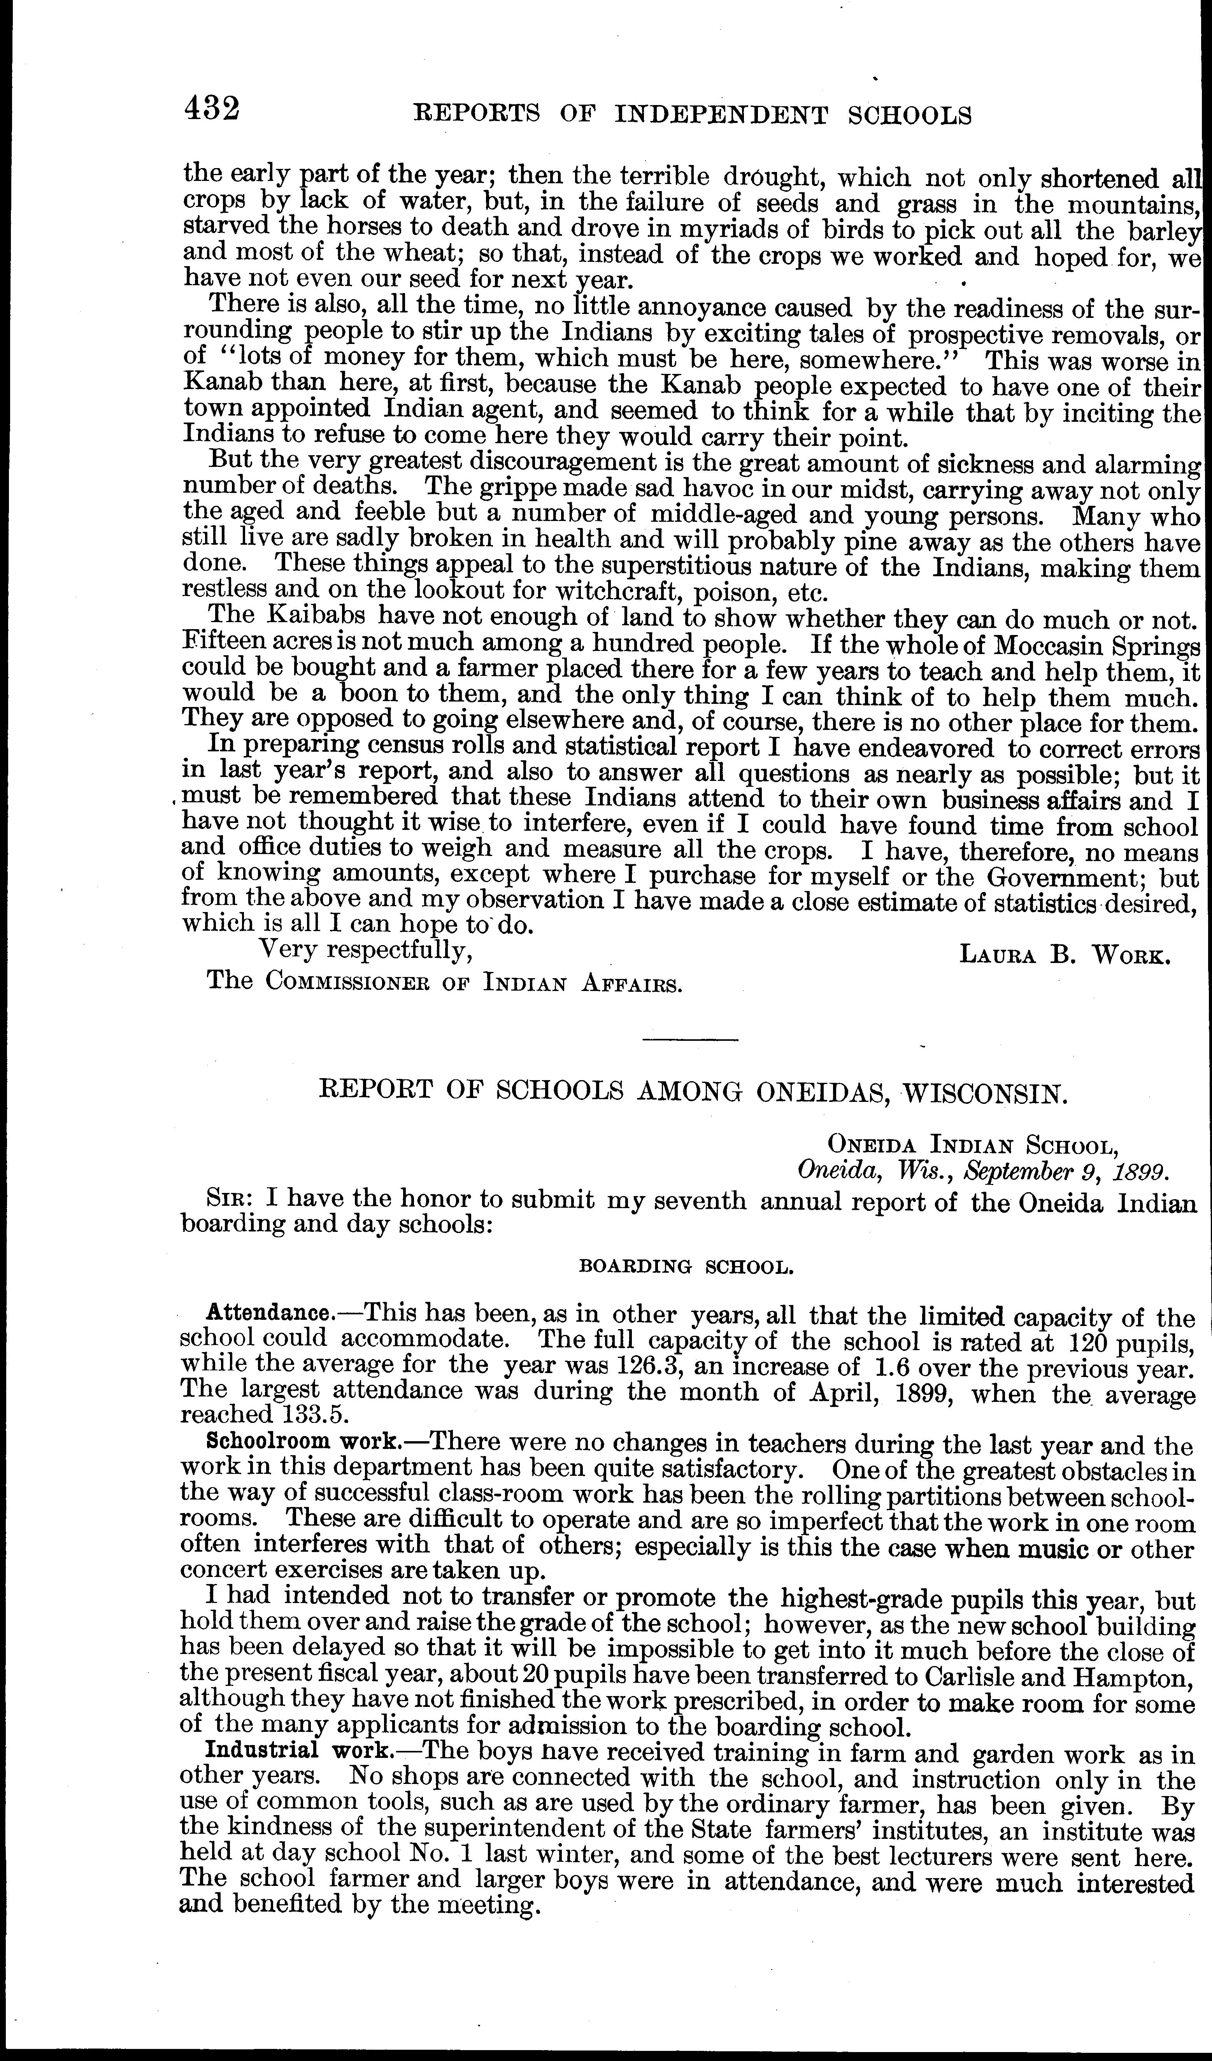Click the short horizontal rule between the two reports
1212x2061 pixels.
(691, 1040)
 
